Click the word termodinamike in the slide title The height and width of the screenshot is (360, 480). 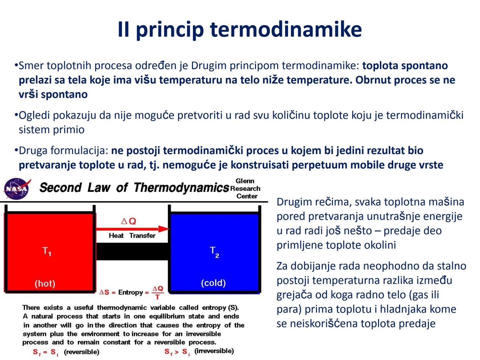point(286,29)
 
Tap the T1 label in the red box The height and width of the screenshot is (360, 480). point(47,251)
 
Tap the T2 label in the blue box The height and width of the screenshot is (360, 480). point(214,252)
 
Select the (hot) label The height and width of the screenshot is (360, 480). point(45,284)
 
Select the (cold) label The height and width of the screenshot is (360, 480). point(213,283)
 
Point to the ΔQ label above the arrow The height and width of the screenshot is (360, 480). point(129,221)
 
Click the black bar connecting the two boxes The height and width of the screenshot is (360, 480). point(133,252)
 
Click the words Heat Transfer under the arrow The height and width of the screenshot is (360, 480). point(132,236)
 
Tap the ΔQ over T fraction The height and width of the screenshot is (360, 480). point(158,292)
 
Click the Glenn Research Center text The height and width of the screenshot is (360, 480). point(245,189)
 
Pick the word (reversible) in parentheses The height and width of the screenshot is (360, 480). point(82,352)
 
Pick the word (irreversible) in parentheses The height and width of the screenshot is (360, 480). point(214,351)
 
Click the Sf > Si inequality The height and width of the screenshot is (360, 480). point(177,352)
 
